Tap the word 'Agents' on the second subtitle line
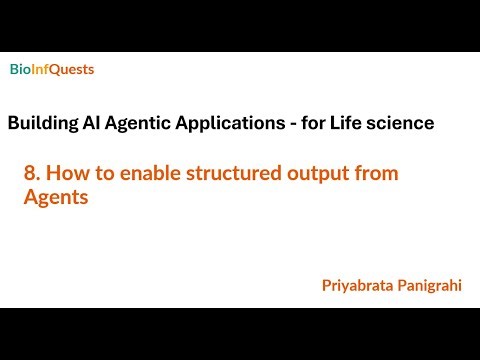pyautogui.click(x=56, y=198)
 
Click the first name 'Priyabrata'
pyautogui.click(x=358, y=285)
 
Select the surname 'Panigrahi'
pyautogui.click(x=432, y=285)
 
